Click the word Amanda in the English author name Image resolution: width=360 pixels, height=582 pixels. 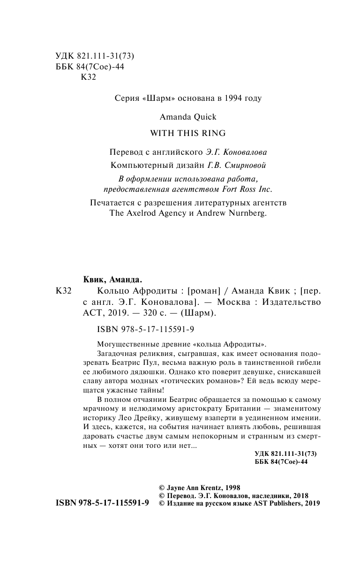[173, 116]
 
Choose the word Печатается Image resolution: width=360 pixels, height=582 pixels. [113, 203]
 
